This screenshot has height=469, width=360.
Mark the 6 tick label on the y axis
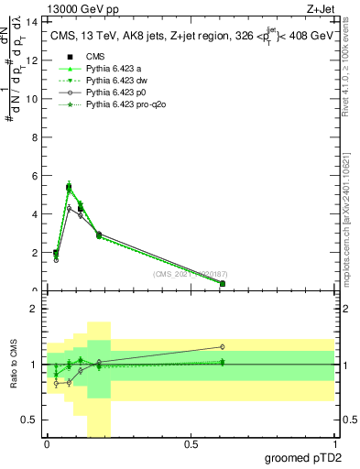[34, 176]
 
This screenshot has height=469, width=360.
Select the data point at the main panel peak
[69, 187]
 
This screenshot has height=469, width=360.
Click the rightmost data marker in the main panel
[223, 283]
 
